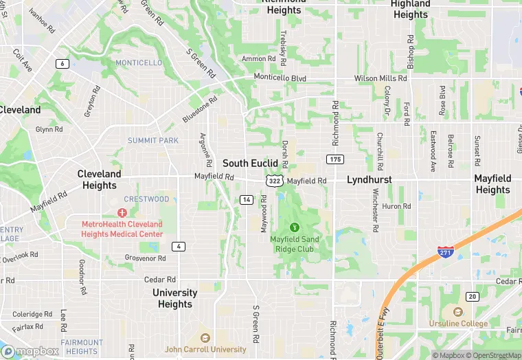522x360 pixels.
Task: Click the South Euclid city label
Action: point(250,164)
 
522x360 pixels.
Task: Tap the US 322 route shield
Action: point(274,181)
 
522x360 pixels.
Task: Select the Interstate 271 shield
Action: point(445,253)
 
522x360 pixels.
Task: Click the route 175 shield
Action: point(335,159)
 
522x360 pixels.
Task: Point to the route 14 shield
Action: point(247,199)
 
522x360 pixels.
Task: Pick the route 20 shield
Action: point(472,296)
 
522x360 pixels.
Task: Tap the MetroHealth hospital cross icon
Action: point(122,213)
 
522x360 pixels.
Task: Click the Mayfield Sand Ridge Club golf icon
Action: point(295,227)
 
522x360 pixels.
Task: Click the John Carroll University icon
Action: point(205,338)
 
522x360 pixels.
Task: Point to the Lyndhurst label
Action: point(369,179)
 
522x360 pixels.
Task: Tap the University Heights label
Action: point(174,298)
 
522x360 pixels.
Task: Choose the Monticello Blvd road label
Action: point(280,78)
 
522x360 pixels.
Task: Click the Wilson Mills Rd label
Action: point(380,78)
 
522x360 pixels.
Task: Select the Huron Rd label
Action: point(396,206)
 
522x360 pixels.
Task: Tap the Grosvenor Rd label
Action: point(145,258)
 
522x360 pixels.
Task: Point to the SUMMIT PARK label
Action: point(152,141)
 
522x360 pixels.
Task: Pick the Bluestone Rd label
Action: point(200,110)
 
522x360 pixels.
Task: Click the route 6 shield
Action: point(63,64)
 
